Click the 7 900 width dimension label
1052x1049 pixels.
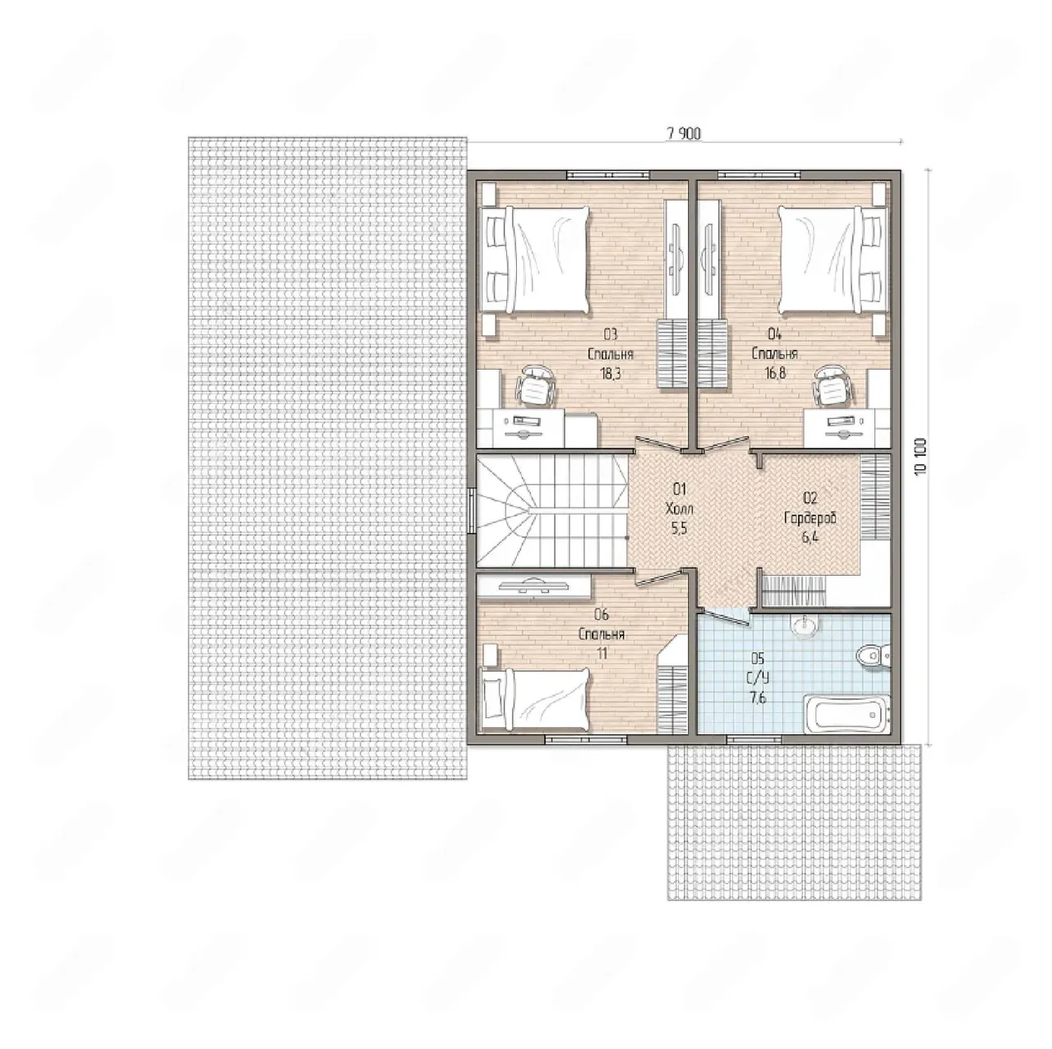click(x=683, y=134)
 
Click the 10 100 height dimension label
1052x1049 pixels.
click(x=921, y=456)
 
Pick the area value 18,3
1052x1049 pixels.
click(x=611, y=374)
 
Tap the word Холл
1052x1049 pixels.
click(x=680, y=508)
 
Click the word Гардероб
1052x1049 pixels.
click(x=810, y=518)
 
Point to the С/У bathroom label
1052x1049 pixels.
click(x=758, y=679)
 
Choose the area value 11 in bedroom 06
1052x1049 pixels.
click(x=602, y=654)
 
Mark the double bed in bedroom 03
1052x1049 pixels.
click(x=534, y=260)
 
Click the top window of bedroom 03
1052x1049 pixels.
click(x=608, y=175)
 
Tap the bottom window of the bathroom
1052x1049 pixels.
click(x=754, y=739)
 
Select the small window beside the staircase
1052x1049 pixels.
click(x=471, y=510)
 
